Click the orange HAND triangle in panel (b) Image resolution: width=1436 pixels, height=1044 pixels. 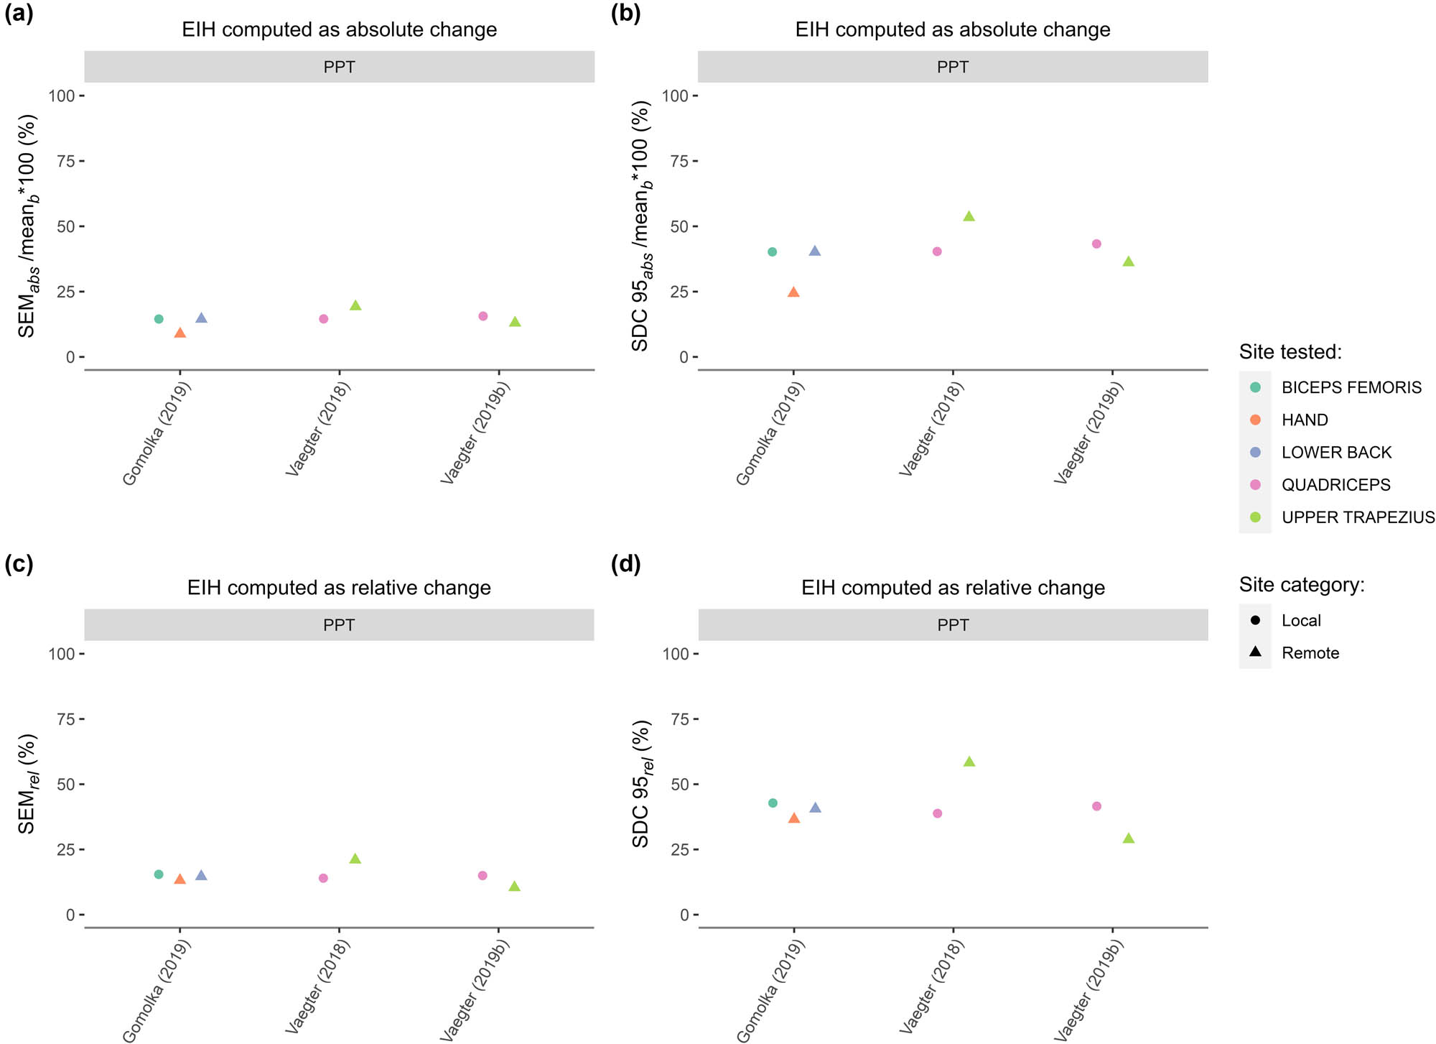click(793, 292)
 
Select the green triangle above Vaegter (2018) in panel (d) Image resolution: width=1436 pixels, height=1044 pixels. click(969, 762)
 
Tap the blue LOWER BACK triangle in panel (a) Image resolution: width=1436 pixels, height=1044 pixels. click(201, 318)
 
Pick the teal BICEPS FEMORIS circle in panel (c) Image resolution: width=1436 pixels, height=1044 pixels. click(159, 874)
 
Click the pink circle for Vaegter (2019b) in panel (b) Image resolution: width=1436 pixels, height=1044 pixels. click(1096, 244)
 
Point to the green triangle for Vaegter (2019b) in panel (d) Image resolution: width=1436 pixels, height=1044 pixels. click(1128, 839)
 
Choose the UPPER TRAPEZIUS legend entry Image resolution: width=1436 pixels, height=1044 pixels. click(1357, 517)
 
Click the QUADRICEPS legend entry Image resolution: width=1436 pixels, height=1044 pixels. click(1335, 485)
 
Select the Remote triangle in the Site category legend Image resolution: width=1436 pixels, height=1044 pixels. click(1256, 652)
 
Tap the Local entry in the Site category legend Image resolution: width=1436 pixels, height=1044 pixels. click(1300, 620)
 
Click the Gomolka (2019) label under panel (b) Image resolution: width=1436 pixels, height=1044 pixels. click(770, 434)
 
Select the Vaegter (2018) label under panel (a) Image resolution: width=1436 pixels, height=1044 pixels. click(318, 430)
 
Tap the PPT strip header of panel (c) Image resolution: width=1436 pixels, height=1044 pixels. click(339, 625)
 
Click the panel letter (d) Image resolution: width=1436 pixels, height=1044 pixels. click(625, 564)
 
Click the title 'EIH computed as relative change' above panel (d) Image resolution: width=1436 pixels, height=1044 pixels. click(953, 588)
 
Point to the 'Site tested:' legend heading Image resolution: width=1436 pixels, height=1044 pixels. click(1290, 352)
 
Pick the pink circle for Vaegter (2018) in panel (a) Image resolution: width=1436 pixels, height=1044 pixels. click(323, 319)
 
